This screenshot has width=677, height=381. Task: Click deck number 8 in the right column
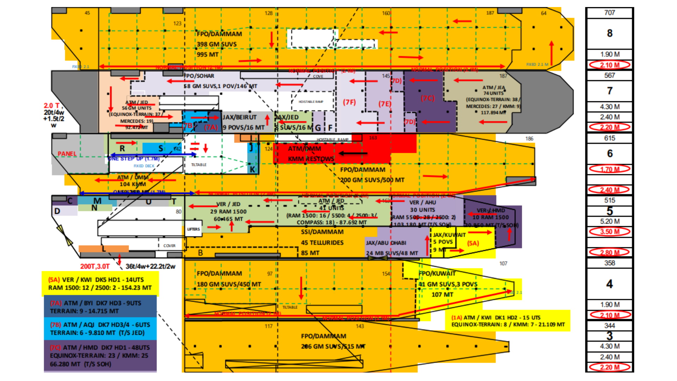click(x=609, y=33)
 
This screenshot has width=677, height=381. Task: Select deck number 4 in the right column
click(x=609, y=284)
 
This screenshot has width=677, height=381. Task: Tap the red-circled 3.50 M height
click(x=609, y=232)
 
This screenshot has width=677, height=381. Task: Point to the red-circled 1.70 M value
click(x=609, y=169)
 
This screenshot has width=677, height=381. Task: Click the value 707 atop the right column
click(x=609, y=13)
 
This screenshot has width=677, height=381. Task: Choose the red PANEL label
click(x=67, y=154)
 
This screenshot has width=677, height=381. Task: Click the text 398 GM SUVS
click(x=216, y=44)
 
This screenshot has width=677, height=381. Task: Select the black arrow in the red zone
click(x=353, y=153)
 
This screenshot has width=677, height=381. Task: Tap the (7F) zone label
click(x=349, y=102)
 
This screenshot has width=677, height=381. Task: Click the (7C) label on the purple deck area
click(x=428, y=98)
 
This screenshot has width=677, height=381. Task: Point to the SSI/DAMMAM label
click(x=322, y=232)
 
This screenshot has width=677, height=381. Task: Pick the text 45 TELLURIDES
click(x=322, y=243)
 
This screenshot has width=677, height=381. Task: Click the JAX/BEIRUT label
click(x=239, y=117)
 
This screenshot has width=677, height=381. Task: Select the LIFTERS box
click(x=193, y=229)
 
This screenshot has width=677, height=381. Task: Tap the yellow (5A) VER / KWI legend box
click(x=100, y=284)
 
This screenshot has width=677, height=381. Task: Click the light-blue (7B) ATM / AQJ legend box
click(x=100, y=328)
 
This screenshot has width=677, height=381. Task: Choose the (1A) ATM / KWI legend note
click(x=508, y=321)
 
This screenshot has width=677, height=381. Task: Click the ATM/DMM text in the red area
click(x=304, y=149)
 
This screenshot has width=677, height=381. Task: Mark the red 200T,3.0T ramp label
click(x=95, y=266)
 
